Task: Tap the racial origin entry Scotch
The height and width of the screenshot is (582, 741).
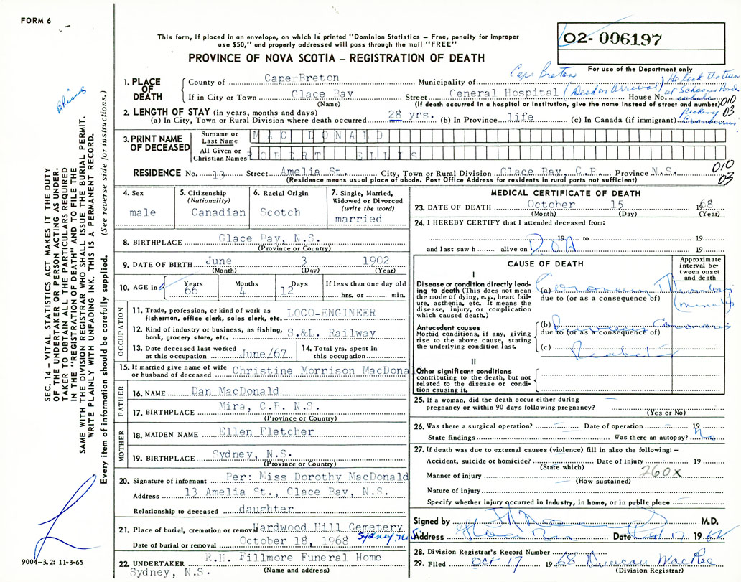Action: pos(280,212)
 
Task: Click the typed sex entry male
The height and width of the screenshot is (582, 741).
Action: pos(143,213)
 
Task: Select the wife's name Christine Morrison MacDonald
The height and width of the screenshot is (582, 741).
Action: pos(320,371)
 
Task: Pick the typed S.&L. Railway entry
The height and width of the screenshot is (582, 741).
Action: pos(331,333)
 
